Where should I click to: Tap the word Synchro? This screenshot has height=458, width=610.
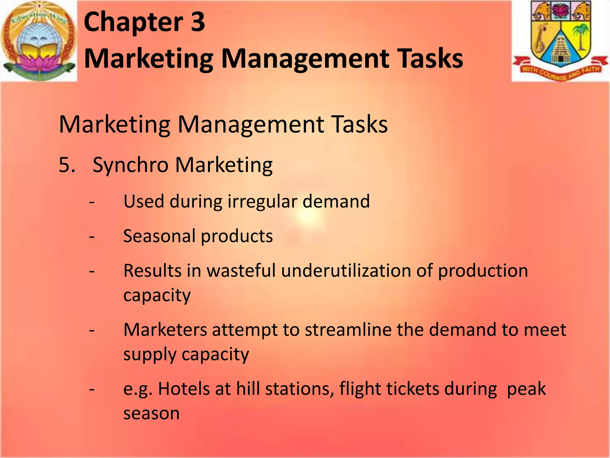(130, 165)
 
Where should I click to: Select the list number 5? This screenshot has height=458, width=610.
(66, 165)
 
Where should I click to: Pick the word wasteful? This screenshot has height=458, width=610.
(241, 271)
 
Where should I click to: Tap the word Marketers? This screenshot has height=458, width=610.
(165, 330)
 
